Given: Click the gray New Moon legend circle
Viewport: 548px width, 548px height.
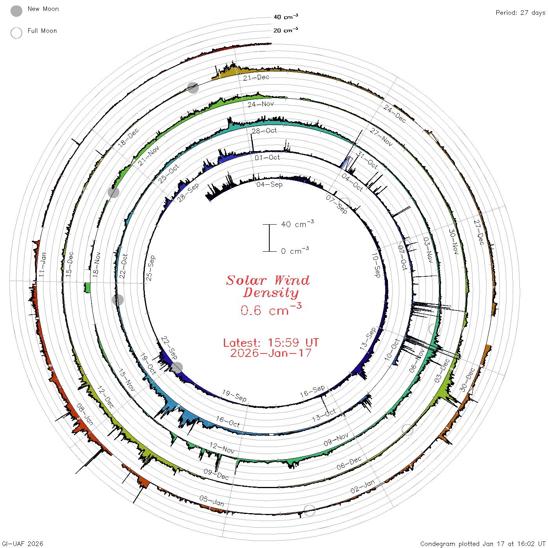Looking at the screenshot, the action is tap(16, 11).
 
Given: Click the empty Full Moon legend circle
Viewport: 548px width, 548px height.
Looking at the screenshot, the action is tap(16, 33).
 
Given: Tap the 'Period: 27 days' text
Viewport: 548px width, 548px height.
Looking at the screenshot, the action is tap(520, 13).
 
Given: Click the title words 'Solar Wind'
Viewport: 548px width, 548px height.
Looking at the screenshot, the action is tap(268, 280).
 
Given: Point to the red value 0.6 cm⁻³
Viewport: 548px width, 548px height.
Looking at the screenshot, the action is tap(271, 310).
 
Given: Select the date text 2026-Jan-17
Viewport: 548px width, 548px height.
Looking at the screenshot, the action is tap(271, 353).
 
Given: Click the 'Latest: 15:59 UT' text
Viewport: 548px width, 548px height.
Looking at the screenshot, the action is tap(271, 342).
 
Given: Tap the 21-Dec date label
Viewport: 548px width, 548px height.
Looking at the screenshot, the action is tap(256, 78).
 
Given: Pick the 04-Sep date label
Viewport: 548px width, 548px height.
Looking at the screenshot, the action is tap(269, 185).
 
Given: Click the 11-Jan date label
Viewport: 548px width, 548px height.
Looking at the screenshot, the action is tap(42, 265).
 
